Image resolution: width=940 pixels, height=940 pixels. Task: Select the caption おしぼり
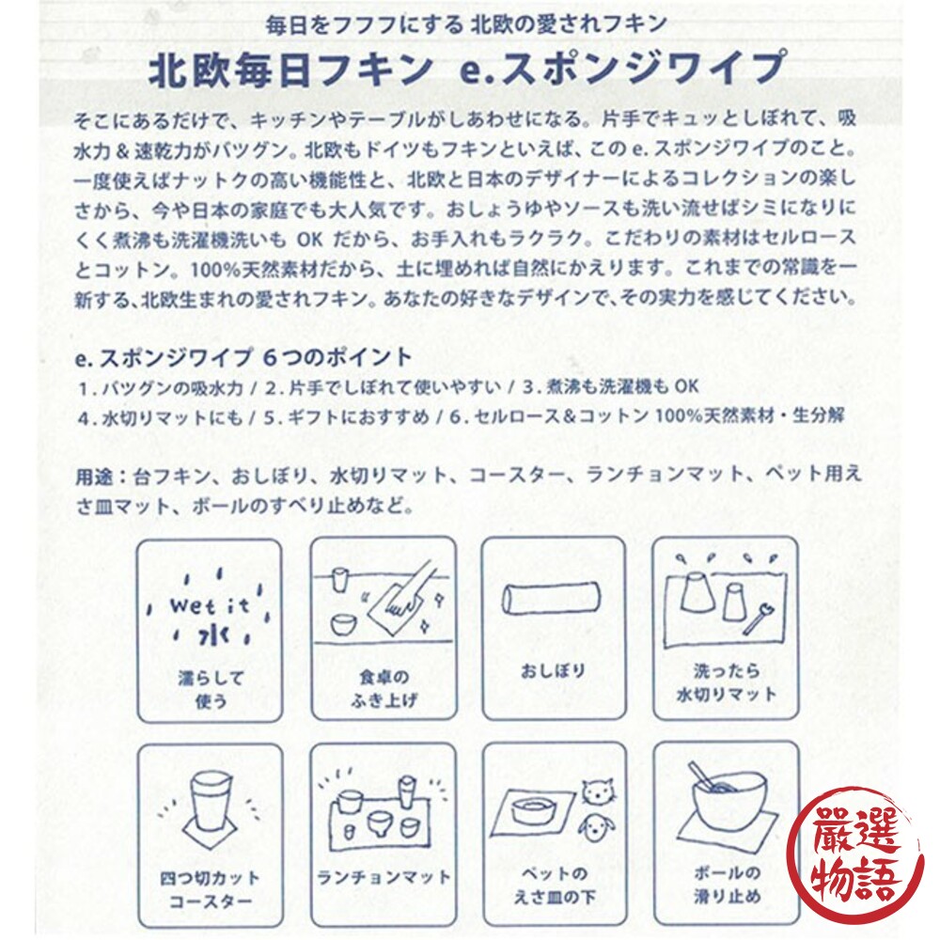(x=553, y=671)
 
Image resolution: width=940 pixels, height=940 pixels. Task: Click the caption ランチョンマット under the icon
(x=382, y=877)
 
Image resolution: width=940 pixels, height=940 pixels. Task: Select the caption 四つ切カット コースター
(x=211, y=889)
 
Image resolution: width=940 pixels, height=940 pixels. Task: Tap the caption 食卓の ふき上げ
(x=382, y=688)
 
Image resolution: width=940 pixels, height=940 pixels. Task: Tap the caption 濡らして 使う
(x=211, y=688)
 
